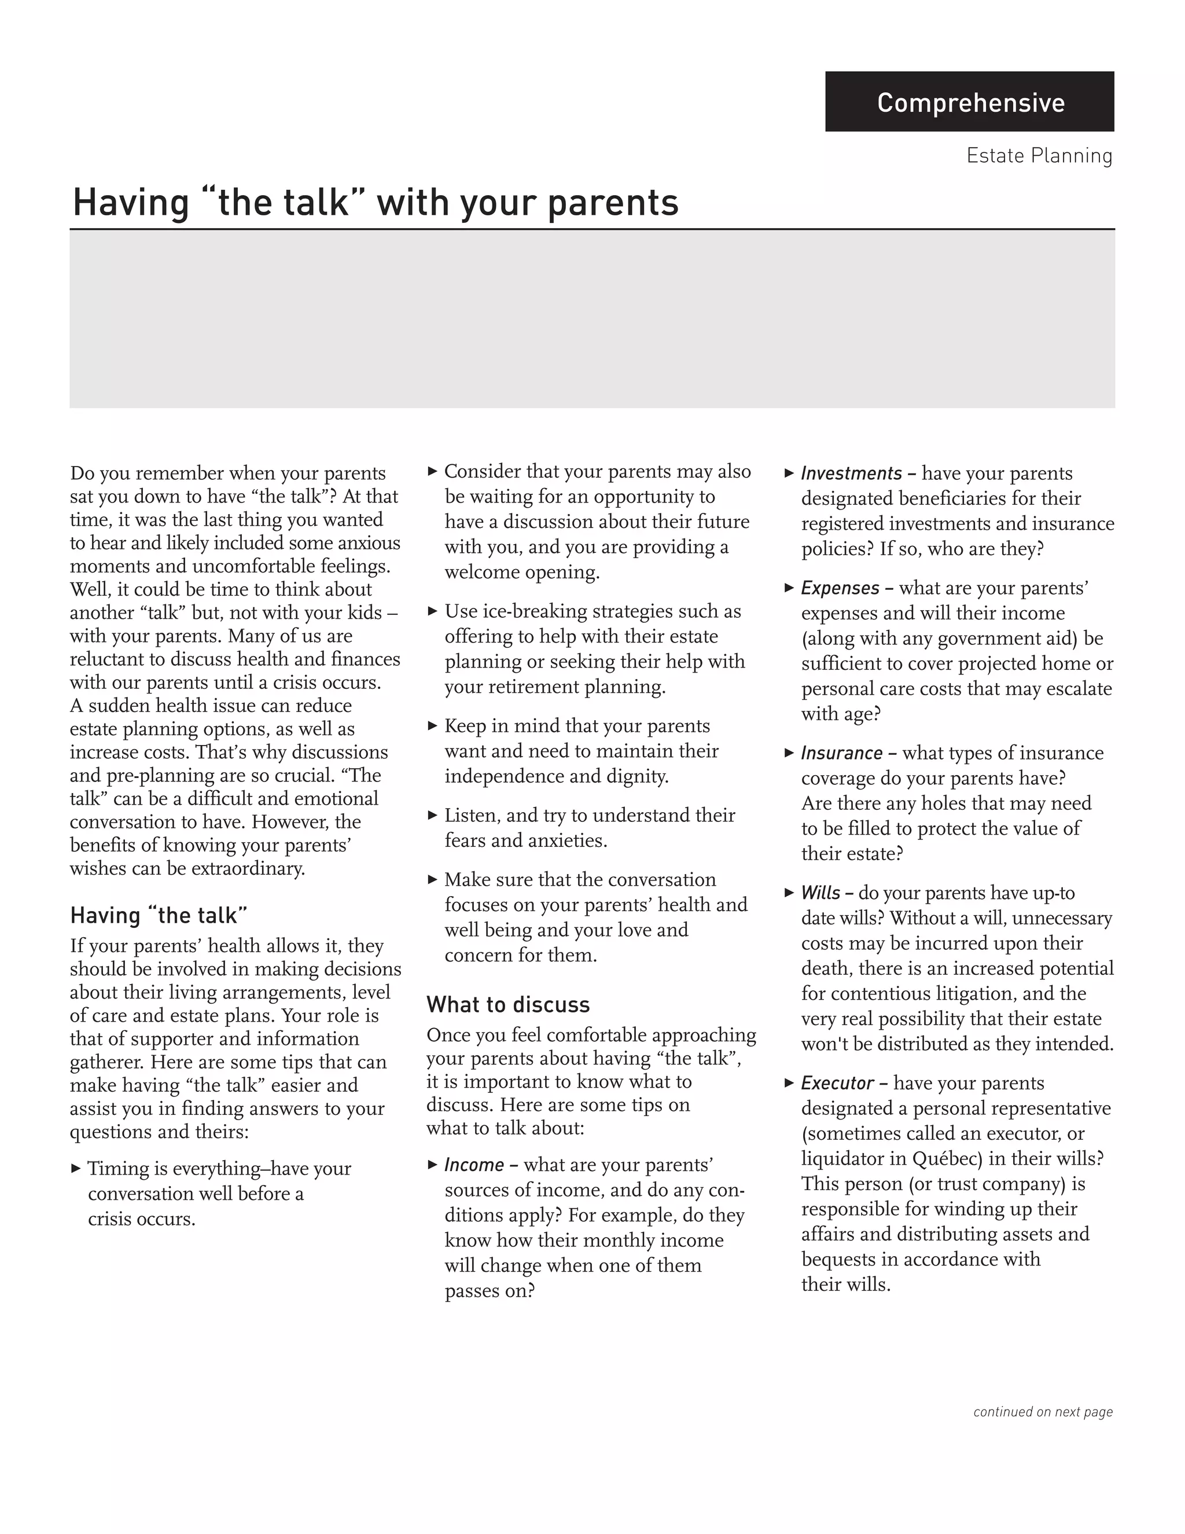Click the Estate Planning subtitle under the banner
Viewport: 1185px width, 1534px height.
coord(1039,156)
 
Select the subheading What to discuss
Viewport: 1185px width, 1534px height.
coord(507,1004)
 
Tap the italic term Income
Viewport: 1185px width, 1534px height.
coord(474,1165)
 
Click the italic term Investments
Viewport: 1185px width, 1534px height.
coord(851,474)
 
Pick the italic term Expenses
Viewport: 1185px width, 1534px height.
coord(840,588)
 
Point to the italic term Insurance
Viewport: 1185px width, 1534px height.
coord(841,753)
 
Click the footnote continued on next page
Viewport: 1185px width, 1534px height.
coord(1043,1412)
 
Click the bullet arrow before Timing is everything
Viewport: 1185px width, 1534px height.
coord(76,1169)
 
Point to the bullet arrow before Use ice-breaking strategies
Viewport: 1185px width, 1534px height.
coord(432,611)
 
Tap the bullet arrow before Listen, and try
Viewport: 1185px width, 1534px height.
coord(432,815)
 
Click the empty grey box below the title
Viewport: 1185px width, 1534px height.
coord(592,320)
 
